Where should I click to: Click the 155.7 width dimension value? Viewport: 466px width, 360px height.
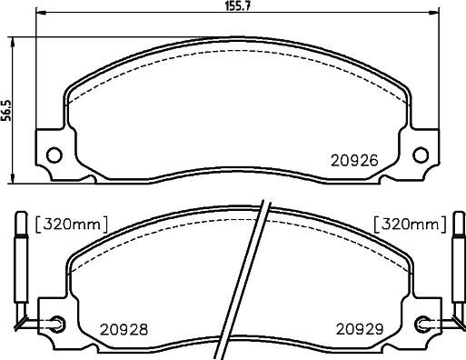(237, 5)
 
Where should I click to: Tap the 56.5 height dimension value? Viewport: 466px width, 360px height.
(6, 110)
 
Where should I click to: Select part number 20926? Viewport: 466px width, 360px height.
(354, 161)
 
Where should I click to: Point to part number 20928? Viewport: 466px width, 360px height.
(124, 329)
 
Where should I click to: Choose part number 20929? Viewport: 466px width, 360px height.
(360, 329)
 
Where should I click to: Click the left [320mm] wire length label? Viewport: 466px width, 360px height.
(72, 225)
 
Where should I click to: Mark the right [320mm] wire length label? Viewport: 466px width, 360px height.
(411, 225)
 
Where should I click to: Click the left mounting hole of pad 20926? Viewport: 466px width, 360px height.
(55, 155)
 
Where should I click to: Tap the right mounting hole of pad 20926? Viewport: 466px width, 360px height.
(421, 155)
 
